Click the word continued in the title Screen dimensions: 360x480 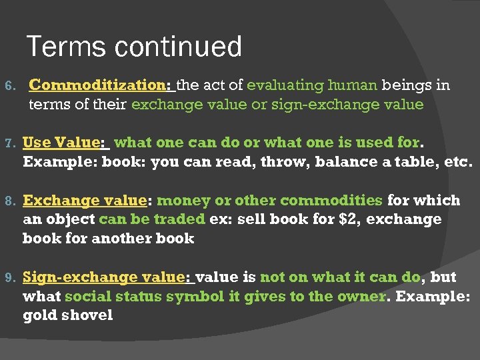(x=179, y=47)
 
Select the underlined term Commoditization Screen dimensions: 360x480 (x=99, y=85)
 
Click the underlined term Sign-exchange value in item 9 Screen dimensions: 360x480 (x=107, y=277)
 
